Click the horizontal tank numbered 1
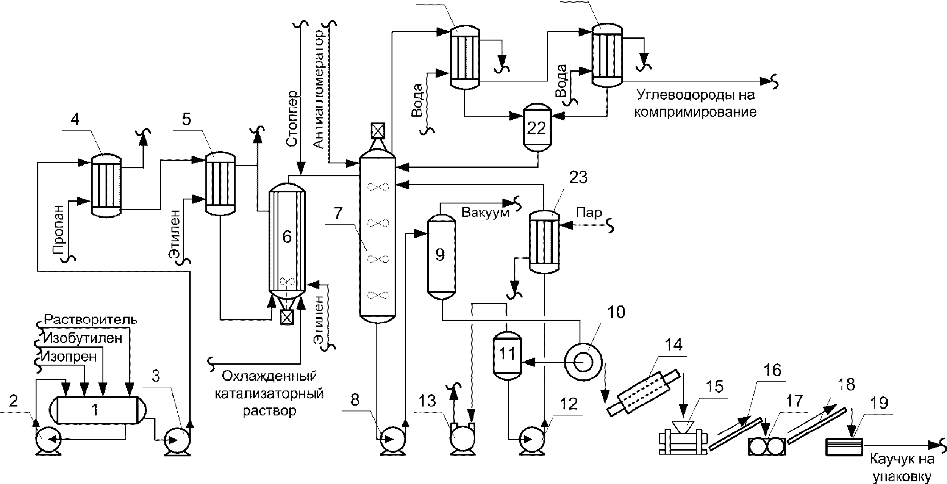click(x=94, y=410)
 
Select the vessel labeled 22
click(x=536, y=127)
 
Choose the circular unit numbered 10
click(x=583, y=362)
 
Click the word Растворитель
click(x=91, y=320)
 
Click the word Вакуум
click(x=485, y=212)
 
